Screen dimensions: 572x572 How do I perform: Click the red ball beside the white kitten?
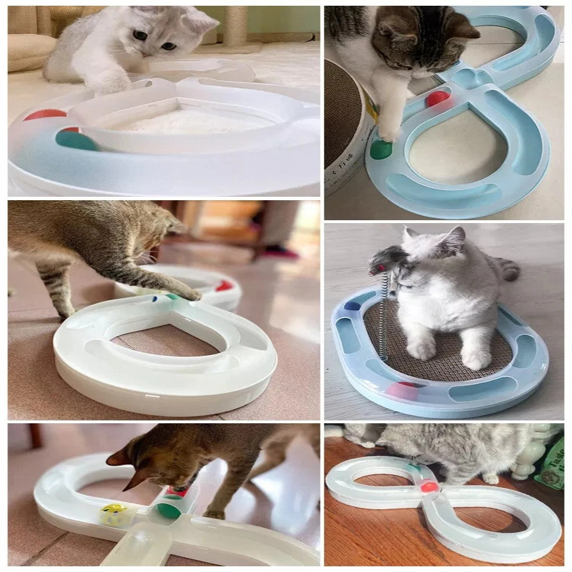[45, 114]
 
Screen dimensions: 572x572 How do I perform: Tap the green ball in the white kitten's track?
[76, 140]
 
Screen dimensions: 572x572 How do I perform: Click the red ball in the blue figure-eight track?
[438, 98]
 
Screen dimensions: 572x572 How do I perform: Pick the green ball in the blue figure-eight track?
[381, 149]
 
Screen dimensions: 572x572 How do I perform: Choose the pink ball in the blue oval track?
[402, 391]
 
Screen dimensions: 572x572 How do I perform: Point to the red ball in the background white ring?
[224, 285]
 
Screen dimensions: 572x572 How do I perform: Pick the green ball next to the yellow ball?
[168, 510]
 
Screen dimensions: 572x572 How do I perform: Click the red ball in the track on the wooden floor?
[429, 487]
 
